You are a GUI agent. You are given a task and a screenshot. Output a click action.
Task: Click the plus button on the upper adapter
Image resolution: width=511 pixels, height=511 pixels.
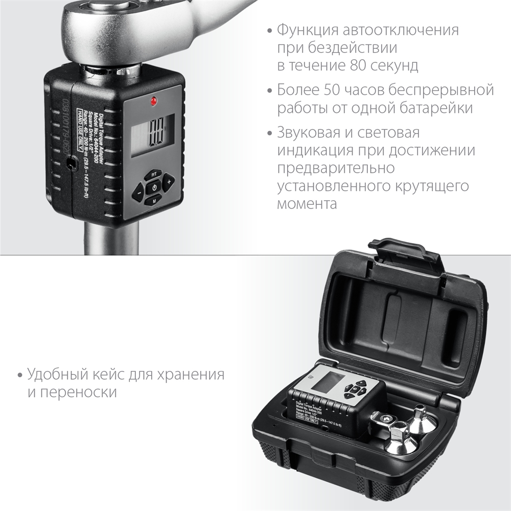coord(169,180)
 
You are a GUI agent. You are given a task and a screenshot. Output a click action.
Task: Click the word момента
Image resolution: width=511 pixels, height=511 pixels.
coord(307,204)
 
